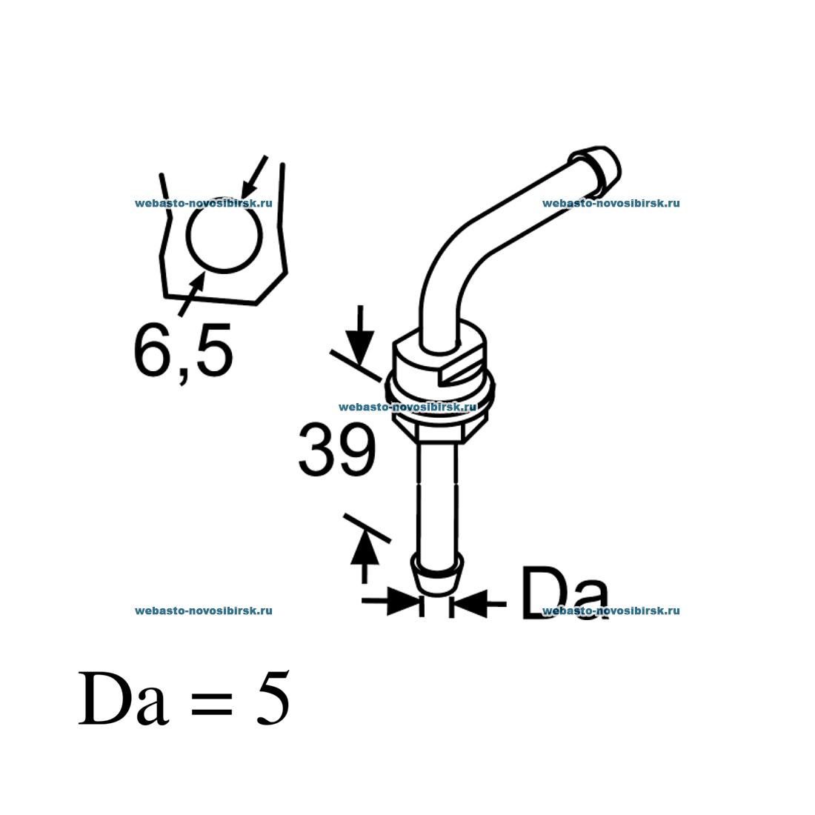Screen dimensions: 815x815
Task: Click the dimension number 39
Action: tap(337, 450)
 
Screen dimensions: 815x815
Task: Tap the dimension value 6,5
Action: tap(183, 352)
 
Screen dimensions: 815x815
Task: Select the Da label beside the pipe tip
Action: tap(564, 593)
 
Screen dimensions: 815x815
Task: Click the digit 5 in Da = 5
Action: tap(273, 698)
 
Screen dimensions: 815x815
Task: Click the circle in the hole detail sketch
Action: tap(224, 235)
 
